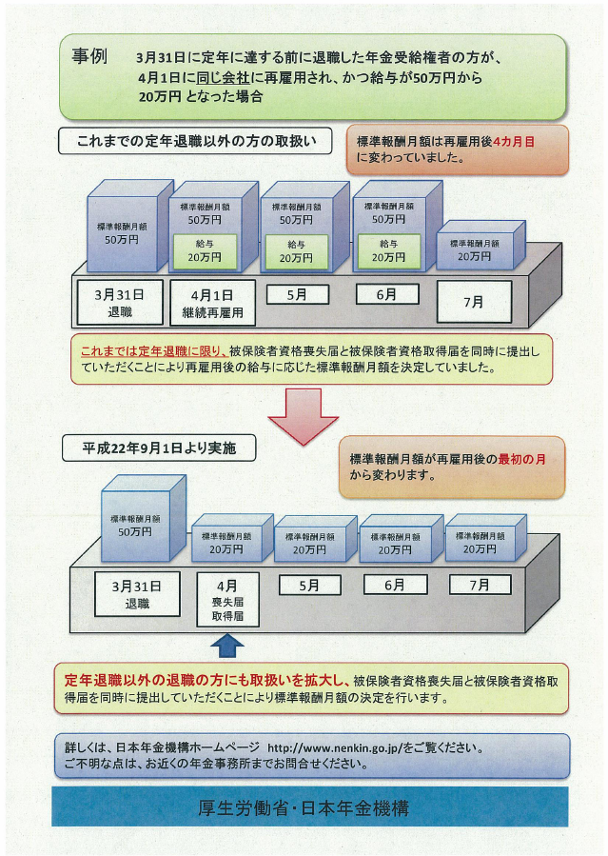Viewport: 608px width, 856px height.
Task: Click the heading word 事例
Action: [x=89, y=56]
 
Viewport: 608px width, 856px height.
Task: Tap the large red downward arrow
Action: [x=304, y=416]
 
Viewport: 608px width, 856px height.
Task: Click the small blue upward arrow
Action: [x=227, y=646]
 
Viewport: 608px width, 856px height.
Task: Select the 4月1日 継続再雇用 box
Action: [x=213, y=303]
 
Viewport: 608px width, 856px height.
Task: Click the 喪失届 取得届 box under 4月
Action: [x=227, y=600]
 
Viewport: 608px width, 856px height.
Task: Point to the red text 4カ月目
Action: [x=514, y=142]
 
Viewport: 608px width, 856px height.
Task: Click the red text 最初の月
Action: [x=521, y=459]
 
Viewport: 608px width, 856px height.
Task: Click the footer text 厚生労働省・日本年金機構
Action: [x=304, y=808]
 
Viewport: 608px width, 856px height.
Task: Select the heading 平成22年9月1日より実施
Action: [x=159, y=448]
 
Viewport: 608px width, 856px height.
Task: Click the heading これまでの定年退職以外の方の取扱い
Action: [x=195, y=141]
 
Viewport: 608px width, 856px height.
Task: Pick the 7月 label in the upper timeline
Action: [x=474, y=302]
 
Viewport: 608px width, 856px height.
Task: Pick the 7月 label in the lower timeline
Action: [x=480, y=585]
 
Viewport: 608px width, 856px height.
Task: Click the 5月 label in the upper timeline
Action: [x=298, y=295]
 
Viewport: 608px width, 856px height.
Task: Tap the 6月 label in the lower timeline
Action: [x=395, y=585]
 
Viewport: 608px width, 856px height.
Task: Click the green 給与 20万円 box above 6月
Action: [x=389, y=251]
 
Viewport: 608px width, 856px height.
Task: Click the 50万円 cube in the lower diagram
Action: [x=143, y=518]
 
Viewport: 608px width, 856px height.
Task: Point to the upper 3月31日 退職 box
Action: [x=120, y=303]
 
